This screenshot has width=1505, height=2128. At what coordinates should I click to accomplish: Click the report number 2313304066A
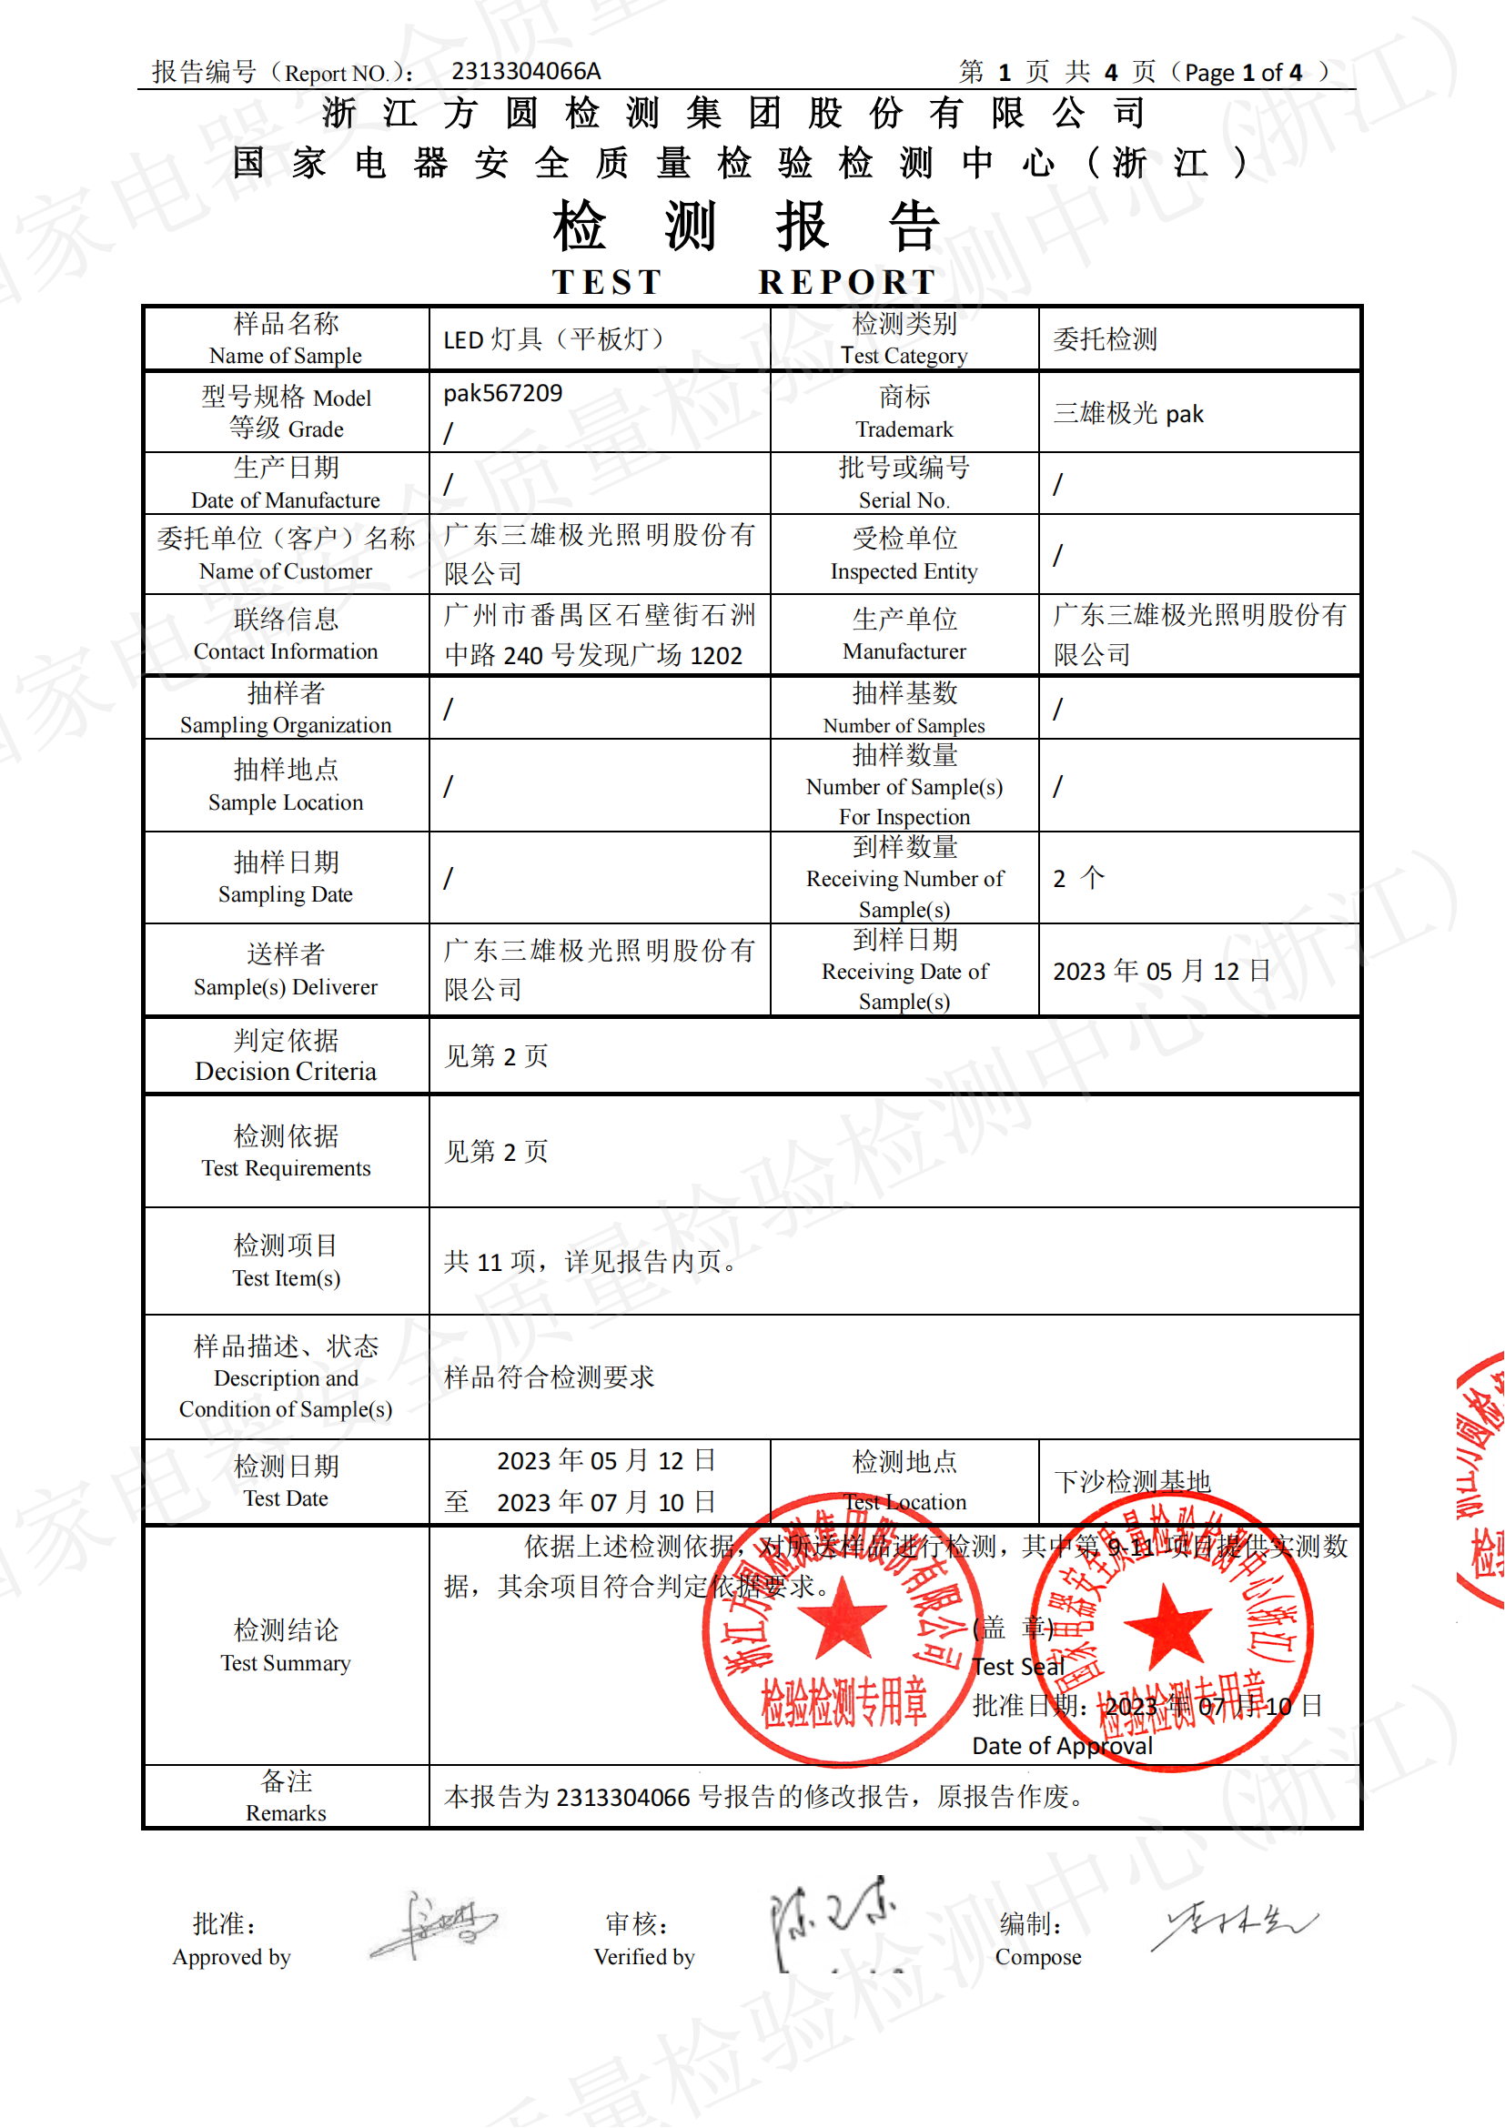coord(525,71)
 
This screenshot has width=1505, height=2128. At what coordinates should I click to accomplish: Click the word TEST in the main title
coord(607,282)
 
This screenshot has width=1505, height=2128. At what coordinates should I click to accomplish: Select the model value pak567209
coord(502,393)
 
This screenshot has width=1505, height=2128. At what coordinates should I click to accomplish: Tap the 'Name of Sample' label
coord(286,356)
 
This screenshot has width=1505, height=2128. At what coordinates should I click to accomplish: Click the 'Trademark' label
coord(904,429)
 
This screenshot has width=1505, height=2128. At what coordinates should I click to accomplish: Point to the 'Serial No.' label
coord(904,500)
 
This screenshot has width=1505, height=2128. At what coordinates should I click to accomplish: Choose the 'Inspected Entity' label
coord(904,572)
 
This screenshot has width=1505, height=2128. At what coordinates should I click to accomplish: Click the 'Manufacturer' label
coord(904,651)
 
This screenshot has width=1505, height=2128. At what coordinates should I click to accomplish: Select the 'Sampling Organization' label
coord(286,725)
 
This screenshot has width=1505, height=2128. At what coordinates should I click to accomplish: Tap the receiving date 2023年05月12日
coord(1161,971)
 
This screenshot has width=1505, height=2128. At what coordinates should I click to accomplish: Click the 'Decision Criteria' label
coord(286,1072)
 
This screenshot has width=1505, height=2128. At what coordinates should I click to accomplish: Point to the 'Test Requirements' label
coord(286,1168)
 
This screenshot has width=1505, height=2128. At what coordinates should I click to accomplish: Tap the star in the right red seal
coord(1167,1626)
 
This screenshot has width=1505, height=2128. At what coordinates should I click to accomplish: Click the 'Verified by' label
coord(644,1957)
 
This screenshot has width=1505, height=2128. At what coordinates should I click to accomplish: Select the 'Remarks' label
coord(286,1813)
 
